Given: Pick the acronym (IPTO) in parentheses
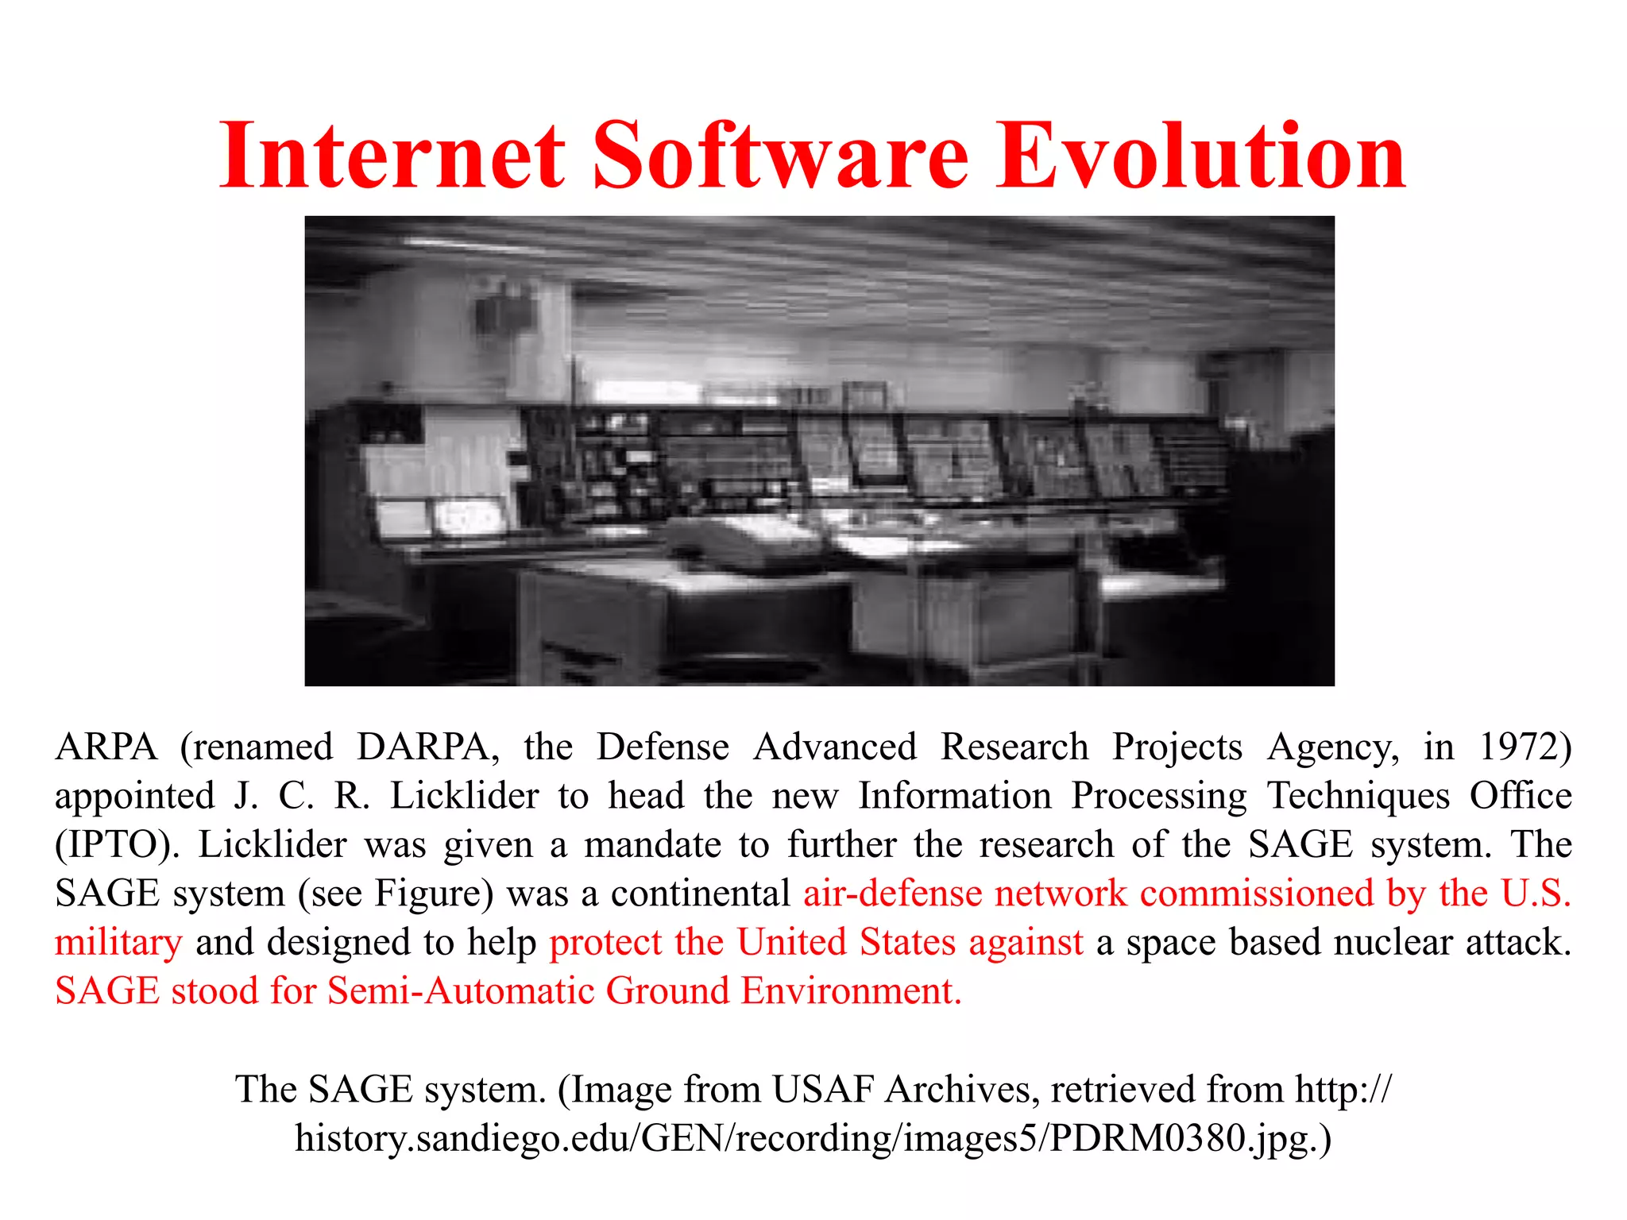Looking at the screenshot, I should (117, 844).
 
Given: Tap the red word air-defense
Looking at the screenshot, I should (893, 893).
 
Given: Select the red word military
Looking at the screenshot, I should (118, 942).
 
